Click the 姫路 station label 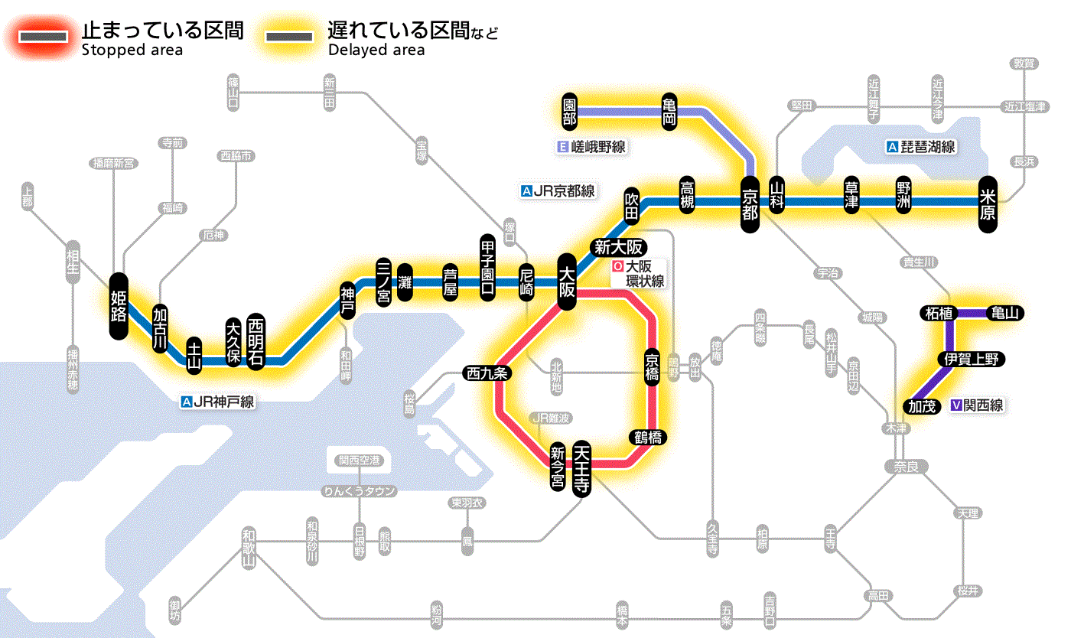(119, 305)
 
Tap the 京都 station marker (750, 202)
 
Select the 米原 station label (988, 203)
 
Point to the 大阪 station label (567, 281)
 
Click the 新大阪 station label (620, 247)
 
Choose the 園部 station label (569, 112)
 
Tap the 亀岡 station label (669, 112)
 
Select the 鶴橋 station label (646, 438)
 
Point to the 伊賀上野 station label (972, 359)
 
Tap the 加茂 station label (921, 406)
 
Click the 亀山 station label (1007, 313)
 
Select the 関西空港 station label (364, 461)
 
